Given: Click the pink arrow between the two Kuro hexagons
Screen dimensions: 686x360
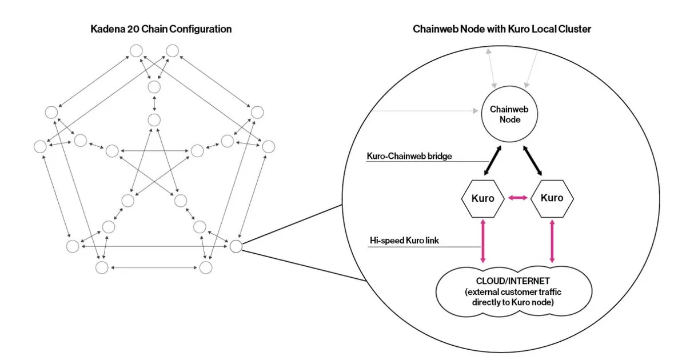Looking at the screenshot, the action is (517, 198).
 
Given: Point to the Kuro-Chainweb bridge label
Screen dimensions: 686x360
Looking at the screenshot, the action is (409, 156).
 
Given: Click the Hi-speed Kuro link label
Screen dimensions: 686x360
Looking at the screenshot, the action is (404, 241).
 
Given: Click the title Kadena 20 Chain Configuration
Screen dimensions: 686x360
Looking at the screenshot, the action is (161, 29).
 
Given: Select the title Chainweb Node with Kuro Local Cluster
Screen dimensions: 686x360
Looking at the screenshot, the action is (502, 29).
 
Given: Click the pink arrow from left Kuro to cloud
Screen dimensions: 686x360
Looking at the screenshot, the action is (483, 241).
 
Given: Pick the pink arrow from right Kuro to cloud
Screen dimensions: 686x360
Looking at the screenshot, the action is (552, 241).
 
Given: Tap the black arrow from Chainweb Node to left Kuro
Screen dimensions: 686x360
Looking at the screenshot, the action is (492, 161).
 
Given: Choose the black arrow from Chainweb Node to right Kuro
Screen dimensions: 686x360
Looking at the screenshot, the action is (532, 161).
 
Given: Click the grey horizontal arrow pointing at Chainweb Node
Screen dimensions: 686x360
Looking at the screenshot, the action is (425, 111).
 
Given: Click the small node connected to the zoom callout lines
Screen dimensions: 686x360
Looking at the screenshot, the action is (236, 246).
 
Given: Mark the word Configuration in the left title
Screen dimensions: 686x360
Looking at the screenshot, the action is (200, 29).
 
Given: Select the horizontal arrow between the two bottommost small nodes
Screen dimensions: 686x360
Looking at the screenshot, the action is (154, 267).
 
